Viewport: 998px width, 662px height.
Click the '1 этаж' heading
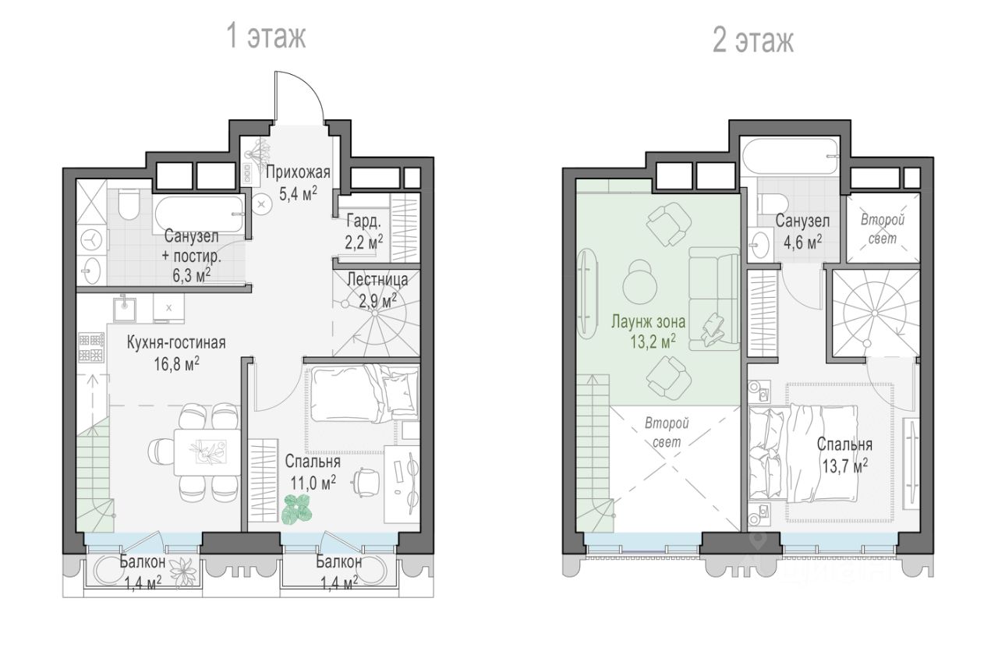click(x=266, y=36)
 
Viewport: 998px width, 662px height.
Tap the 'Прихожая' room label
click(x=298, y=172)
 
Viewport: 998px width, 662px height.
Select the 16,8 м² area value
click(x=176, y=364)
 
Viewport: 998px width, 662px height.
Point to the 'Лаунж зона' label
click(x=648, y=321)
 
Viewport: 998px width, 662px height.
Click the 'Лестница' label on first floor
click(x=377, y=279)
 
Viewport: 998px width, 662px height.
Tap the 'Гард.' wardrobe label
click(x=364, y=221)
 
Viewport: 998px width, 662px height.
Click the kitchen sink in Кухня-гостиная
click(x=124, y=307)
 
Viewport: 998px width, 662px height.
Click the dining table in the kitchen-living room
click(x=207, y=451)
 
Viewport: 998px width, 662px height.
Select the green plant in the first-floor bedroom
click(x=297, y=509)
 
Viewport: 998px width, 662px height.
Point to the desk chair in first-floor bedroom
click(x=367, y=482)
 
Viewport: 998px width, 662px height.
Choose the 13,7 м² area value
click(x=844, y=466)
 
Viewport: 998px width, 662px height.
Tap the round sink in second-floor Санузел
click(x=761, y=243)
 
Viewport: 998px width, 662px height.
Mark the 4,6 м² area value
click(x=803, y=242)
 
